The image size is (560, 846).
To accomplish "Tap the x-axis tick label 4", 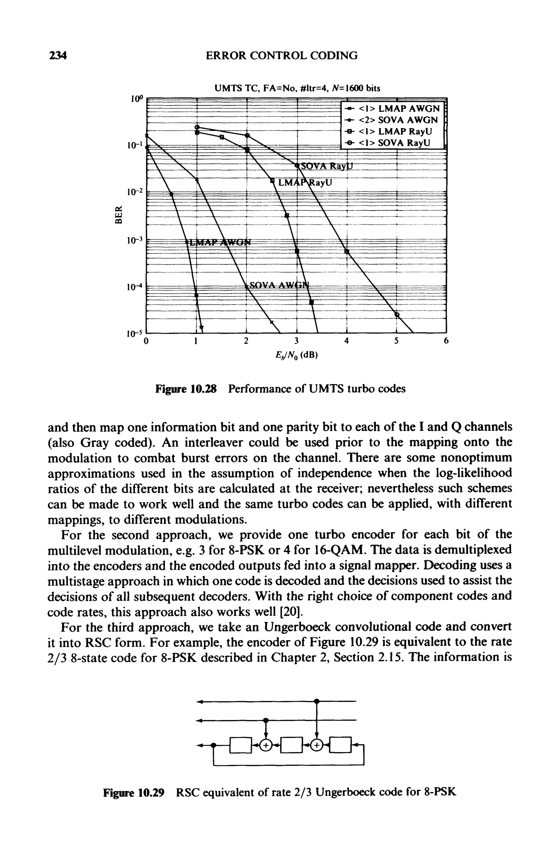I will point(346,341).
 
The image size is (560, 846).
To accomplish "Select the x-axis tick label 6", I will point(446,341).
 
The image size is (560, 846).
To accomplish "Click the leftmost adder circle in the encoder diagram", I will point(265,745).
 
